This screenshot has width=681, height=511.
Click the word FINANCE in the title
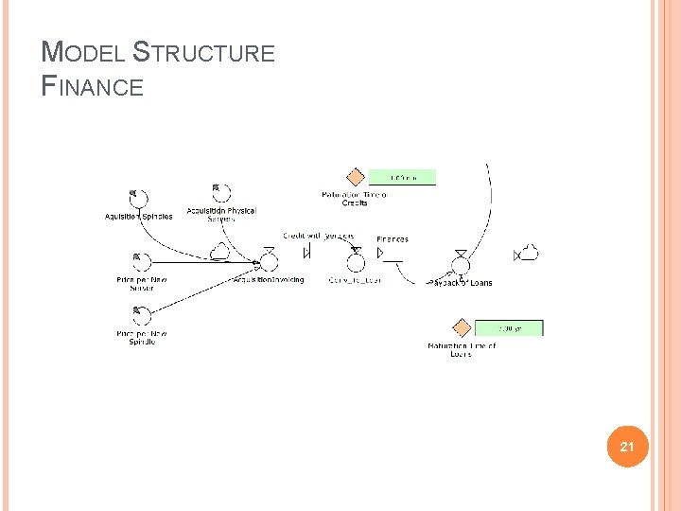coord(94,87)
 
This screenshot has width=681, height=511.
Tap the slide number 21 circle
coord(625,446)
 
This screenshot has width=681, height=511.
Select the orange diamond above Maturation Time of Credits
coord(355,177)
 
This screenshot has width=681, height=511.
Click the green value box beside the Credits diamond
coord(401,177)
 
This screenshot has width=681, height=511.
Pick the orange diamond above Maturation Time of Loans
coord(462,328)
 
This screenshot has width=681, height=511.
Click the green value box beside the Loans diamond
coord(509,328)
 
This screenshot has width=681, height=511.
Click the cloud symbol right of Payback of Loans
coord(529,253)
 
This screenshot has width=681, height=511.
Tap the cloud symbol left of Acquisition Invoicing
coord(219,251)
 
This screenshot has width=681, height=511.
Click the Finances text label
coord(393,239)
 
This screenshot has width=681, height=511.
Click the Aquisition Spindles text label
coord(138,217)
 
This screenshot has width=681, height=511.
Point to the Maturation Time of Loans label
coord(462,350)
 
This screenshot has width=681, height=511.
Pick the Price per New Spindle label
coord(142,338)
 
